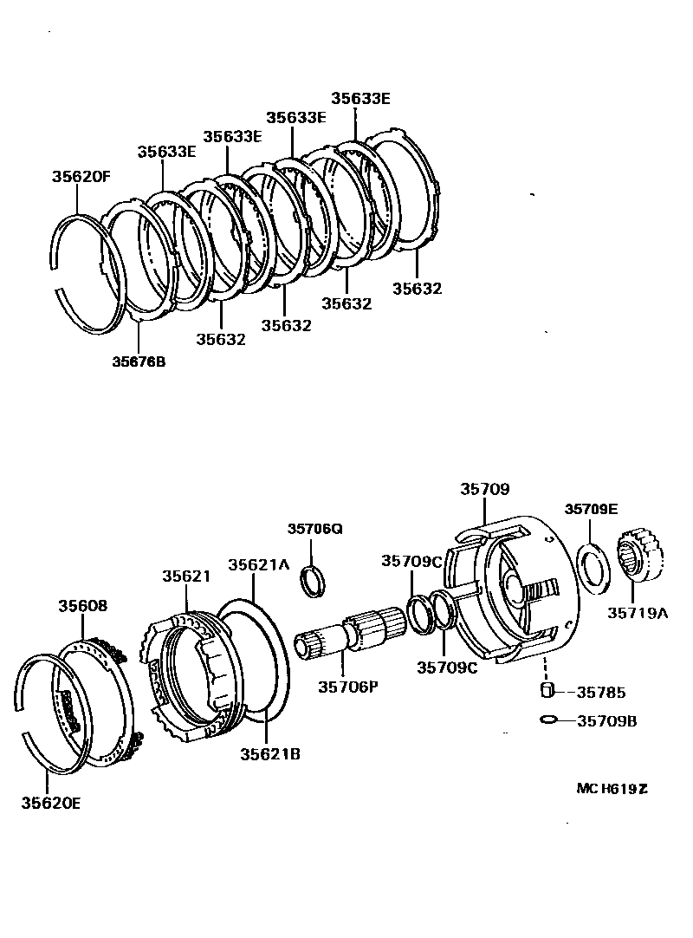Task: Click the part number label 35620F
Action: [x=81, y=177]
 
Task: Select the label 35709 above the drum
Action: [x=484, y=490]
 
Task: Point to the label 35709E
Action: [x=591, y=509]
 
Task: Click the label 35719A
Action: [x=637, y=613]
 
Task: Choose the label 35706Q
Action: [x=315, y=529]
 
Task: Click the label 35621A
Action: [x=258, y=564]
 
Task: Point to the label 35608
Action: [x=83, y=606]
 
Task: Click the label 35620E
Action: [x=51, y=803]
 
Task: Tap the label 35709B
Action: [x=606, y=720]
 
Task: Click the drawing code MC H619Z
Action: [x=612, y=789]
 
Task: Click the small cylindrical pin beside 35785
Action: [x=547, y=691]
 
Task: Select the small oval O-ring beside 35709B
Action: [x=547, y=720]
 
